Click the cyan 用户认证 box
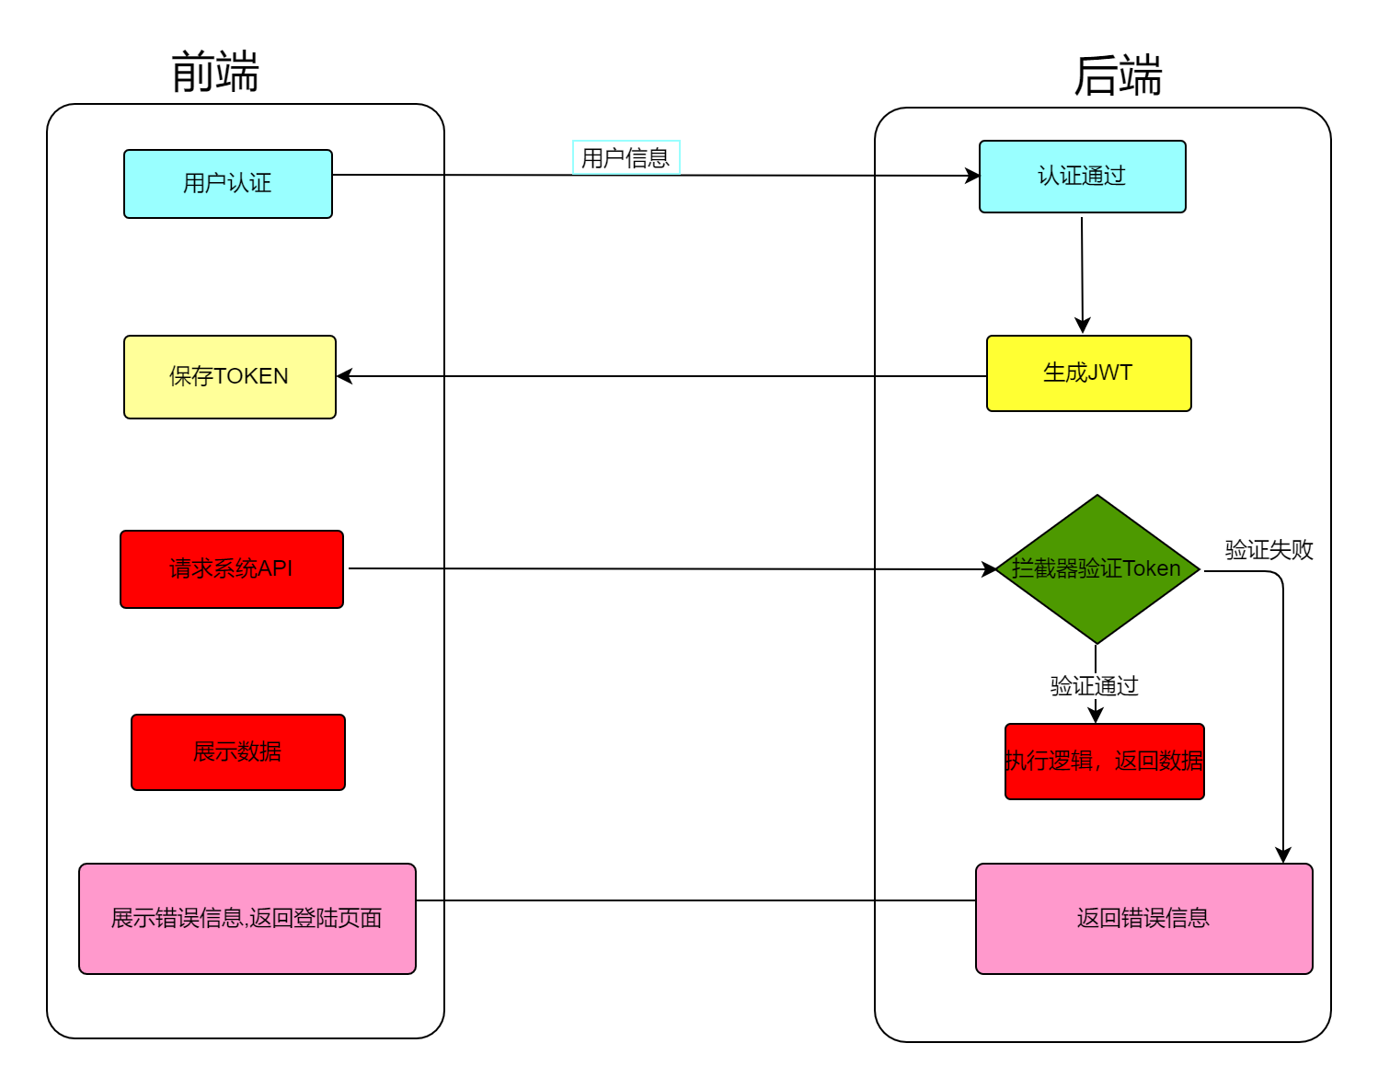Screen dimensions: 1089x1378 tap(227, 184)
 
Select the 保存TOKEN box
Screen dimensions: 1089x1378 tap(229, 377)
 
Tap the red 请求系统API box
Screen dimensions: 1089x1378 tap(231, 569)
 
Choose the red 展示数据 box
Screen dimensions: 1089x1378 tap(237, 752)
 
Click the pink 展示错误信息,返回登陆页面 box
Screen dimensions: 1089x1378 tap(247, 919)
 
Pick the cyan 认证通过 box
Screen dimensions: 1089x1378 tap(1082, 177)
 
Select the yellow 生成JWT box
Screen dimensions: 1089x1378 tap(1088, 373)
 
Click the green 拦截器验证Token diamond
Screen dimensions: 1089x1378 tap(1097, 569)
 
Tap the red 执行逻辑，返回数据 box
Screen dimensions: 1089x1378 tap(1104, 762)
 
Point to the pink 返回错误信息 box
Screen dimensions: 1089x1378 tap(1143, 919)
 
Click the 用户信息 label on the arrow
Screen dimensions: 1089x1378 tap(626, 158)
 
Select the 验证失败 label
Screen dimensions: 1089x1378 tap(1269, 550)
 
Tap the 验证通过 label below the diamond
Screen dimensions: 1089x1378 tap(1094, 686)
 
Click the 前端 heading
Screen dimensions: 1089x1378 tap(215, 72)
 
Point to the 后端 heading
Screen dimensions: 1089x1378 tap(1118, 75)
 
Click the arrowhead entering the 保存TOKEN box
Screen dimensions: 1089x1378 tap(345, 376)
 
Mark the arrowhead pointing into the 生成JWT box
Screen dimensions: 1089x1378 tap(1083, 326)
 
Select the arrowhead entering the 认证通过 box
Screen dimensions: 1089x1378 tap(972, 176)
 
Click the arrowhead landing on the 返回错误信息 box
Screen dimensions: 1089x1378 tap(1283, 855)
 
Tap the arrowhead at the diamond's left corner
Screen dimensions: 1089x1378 tap(989, 569)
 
